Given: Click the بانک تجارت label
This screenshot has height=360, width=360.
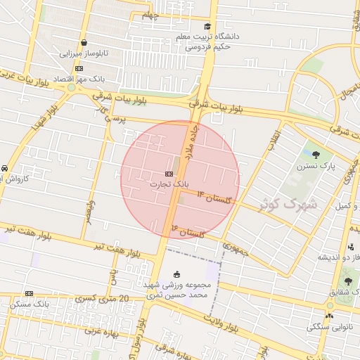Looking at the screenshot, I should pos(169,184).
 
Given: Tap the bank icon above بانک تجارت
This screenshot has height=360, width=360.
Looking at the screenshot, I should pos(169,173).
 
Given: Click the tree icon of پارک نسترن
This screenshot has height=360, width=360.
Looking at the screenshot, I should pos(315,155).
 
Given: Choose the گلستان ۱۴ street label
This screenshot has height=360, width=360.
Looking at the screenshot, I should pos(214,198).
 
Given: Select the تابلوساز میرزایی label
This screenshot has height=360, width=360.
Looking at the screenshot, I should pos(81,53).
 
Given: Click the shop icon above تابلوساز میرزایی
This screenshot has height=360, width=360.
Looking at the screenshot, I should pos(84,43).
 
